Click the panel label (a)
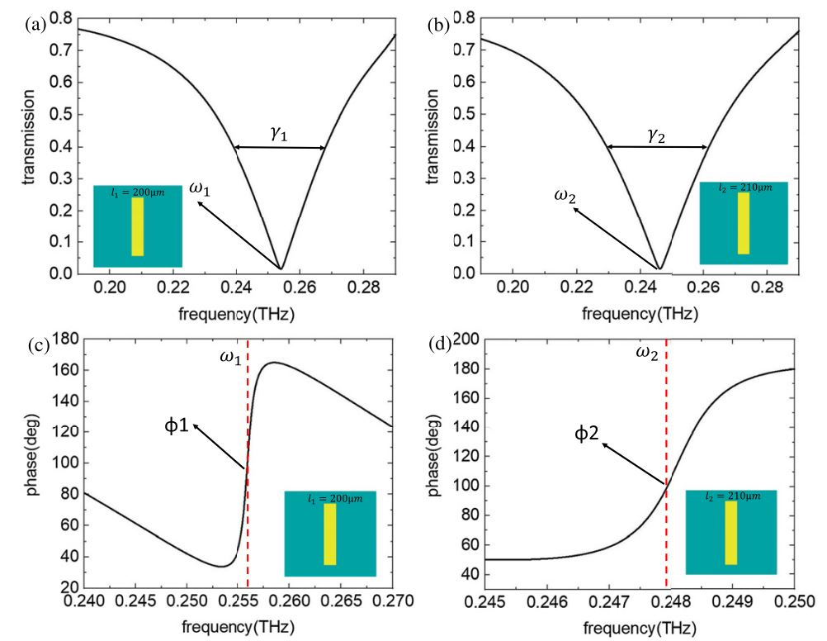tap(35, 24)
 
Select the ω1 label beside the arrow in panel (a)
tap(200, 188)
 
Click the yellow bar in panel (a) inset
tap(138, 226)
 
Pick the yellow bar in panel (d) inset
tap(730, 532)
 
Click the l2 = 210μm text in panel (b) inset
tap(743, 188)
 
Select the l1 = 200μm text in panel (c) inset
tap(329, 498)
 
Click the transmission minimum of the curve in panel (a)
tap(281, 268)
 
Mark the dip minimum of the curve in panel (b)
tap(659, 268)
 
